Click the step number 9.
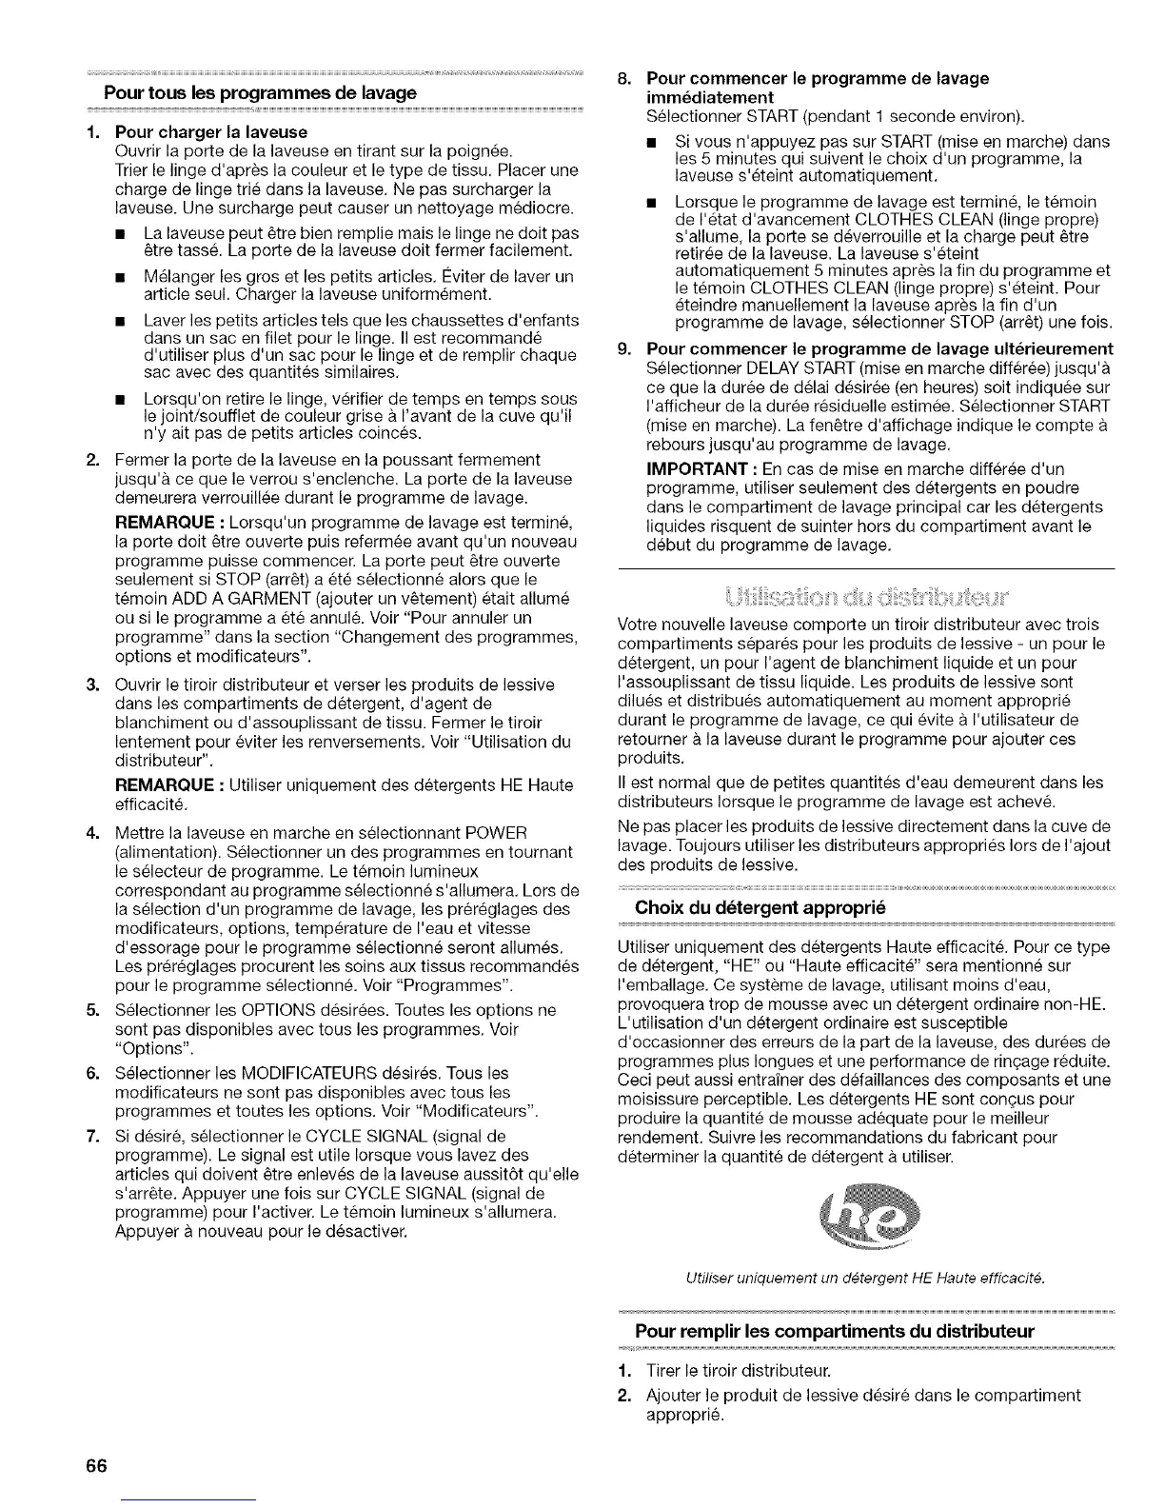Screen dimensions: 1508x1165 624,348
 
